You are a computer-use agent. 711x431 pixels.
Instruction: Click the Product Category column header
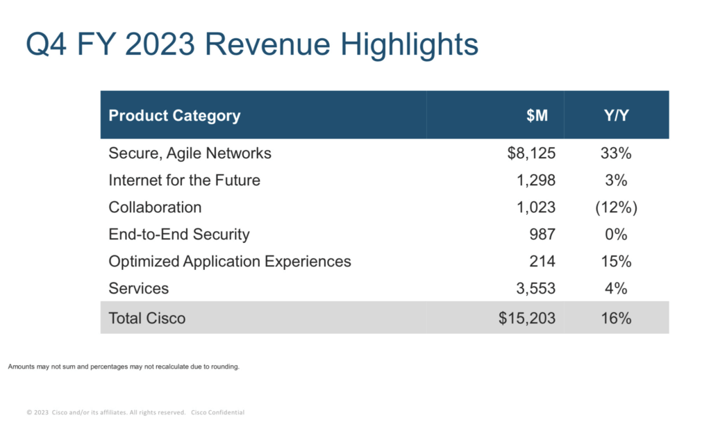(x=174, y=115)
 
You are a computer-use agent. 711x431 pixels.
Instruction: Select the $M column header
(x=537, y=115)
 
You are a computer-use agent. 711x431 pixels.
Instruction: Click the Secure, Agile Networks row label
(x=190, y=153)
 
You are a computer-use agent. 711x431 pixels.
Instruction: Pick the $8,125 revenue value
(x=531, y=153)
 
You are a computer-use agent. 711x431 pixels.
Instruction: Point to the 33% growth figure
(x=615, y=153)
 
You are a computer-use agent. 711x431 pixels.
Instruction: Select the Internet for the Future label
(x=184, y=180)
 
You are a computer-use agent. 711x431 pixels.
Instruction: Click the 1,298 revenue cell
(x=537, y=180)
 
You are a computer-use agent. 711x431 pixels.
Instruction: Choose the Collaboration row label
(x=155, y=208)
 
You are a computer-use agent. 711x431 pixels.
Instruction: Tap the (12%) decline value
(x=615, y=208)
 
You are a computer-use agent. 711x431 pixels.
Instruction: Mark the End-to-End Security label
(x=178, y=235)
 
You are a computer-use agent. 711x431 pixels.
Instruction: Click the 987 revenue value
(x=542, y=235)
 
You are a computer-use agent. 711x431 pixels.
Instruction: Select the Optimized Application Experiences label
(x=230, y=262)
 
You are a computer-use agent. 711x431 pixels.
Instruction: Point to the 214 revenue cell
(x=542, y=262)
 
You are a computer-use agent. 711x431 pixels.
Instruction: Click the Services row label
(x=138, y=289)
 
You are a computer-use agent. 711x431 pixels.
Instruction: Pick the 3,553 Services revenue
(x=537, y=289)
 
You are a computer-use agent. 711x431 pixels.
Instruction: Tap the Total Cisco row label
(x=147, y=319)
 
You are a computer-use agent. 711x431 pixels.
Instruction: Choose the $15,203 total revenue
(x=527, y=319)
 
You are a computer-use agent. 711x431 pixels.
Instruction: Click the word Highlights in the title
(x=410, y=45)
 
